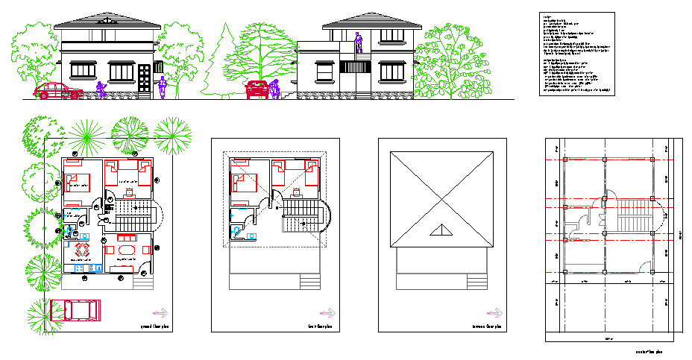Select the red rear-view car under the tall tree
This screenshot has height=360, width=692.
pos(257,89)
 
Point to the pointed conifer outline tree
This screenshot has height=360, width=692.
pos(218,63)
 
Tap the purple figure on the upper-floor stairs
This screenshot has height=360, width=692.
pos(359,42)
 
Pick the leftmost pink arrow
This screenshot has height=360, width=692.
pos(160,314)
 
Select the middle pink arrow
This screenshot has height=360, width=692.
pos(327,314)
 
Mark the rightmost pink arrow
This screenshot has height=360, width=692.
pos(494,314)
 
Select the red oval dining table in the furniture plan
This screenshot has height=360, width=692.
pos(128,250)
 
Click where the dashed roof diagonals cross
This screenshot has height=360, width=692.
pos(274,200)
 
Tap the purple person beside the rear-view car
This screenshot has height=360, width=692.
pos(274,89)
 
